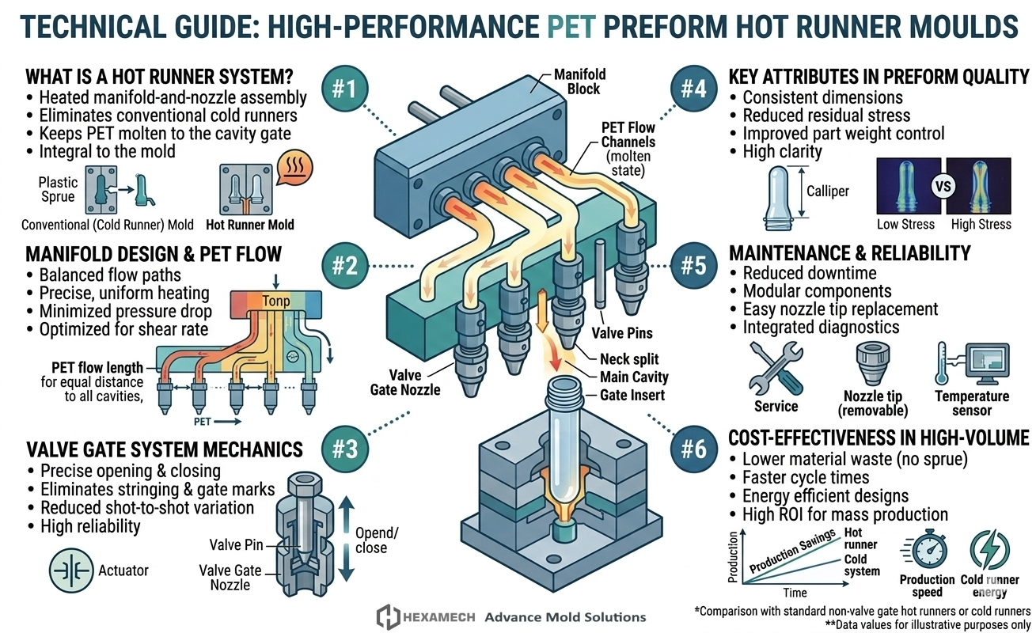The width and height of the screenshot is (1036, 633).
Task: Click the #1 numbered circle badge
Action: [x=345, y=89]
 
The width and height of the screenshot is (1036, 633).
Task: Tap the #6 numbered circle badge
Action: [x=694, y=449]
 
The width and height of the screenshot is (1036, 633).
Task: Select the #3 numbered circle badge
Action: [x=345, y=449]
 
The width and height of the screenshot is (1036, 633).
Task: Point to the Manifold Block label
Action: [x=579, y=81]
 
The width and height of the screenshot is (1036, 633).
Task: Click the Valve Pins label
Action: [x=622, y=333]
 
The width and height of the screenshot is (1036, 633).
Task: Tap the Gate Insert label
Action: [x=632, y=396]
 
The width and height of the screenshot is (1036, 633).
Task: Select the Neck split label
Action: [x=629, y=359]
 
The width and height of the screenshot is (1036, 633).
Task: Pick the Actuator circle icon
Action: [x=70, y=570]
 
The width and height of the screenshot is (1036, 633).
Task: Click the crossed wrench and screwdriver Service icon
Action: [x=776, y=368]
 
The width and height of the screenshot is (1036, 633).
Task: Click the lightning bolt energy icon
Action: [x=989, y=550]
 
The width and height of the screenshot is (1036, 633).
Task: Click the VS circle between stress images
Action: [x=943, y=187]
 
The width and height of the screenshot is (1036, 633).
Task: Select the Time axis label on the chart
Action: [x=795, y=593]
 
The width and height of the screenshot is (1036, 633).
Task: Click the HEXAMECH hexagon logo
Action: [x=388, y=617]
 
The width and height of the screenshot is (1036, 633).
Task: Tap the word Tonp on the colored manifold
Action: [x=275, y=301]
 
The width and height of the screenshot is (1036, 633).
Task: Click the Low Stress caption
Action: [x=905, y=224]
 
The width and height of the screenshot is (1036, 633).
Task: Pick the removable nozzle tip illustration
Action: [x=873, y=363]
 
